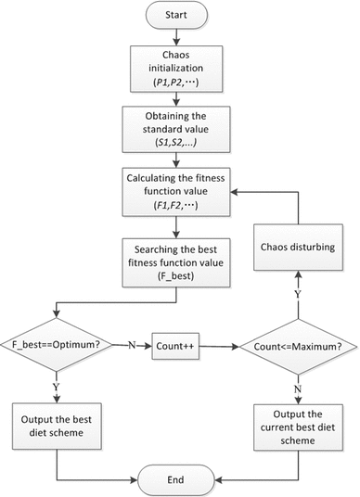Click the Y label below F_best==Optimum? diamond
[58, 383]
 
